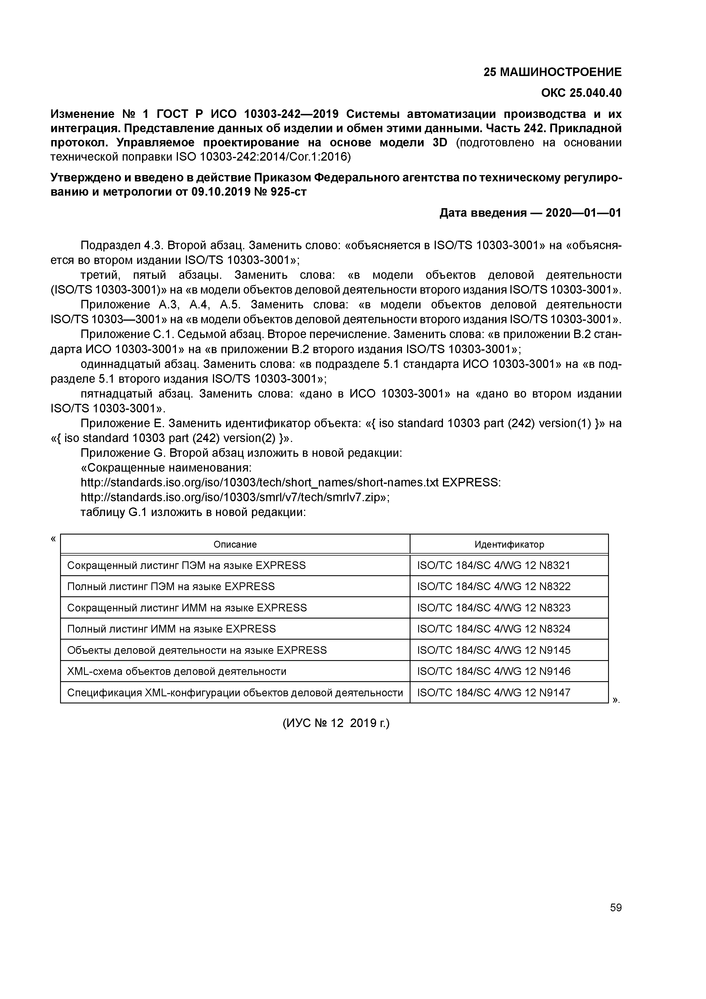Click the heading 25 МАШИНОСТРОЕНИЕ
click(553, 72)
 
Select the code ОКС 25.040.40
click(581, 93)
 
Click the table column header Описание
click(235, 544)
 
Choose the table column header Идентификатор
click(509, 544)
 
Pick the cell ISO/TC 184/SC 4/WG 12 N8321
click(493, 565)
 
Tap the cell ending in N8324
click(493, 629)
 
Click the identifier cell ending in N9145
click(493, 650)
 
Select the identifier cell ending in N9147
click(493, 692)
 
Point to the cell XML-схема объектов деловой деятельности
click(176, 672)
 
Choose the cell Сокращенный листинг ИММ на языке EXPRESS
click(187, 608)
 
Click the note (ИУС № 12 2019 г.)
click(336, 723)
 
